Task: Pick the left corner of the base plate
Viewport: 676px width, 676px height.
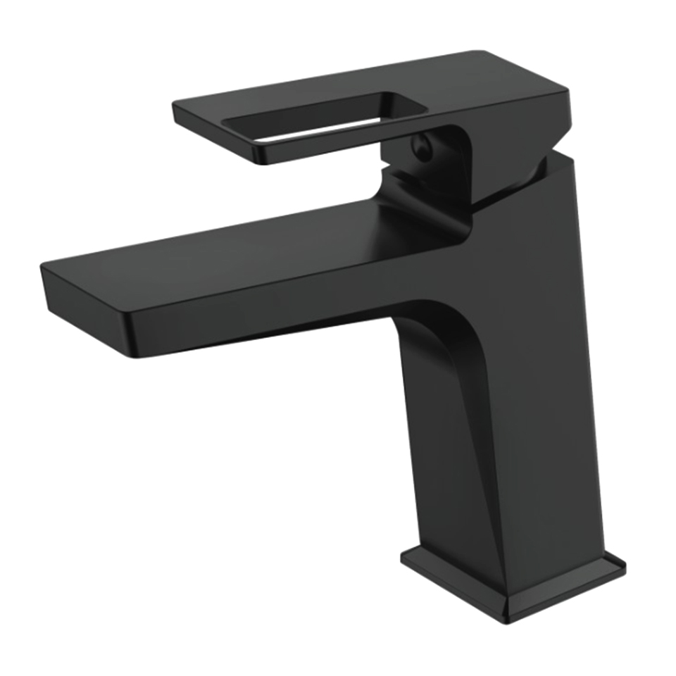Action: tap(403, 556)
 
